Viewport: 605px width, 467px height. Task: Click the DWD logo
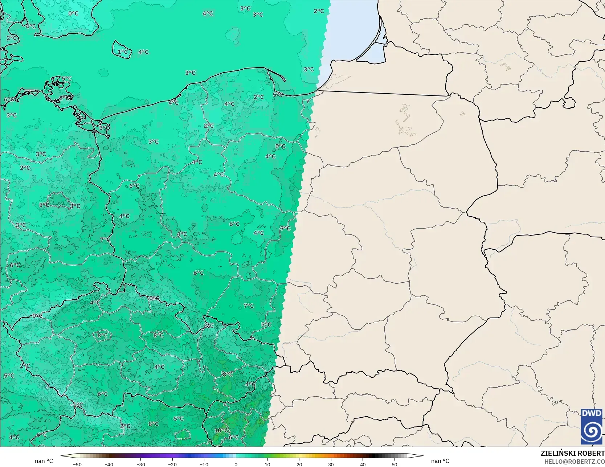[592, 426]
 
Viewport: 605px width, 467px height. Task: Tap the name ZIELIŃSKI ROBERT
[572, 453]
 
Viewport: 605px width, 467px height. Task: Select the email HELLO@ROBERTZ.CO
[574, 461]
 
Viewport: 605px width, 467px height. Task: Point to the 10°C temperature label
[221, 431]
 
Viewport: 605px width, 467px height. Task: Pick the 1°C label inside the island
[123, 52]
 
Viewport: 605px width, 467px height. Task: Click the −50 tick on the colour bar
[77, 464]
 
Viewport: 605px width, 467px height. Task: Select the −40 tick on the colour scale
[109, 464]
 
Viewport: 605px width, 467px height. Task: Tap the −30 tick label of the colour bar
[140, 464]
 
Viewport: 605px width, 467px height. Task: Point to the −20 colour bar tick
[172, 464]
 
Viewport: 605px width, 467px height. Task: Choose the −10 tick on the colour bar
[204, 464]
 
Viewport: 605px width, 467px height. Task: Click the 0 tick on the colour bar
[236, 464]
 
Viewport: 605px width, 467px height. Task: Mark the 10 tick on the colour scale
[267, 464]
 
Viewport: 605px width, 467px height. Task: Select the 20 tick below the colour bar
[299, 464]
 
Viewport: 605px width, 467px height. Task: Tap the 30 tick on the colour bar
[331, 464]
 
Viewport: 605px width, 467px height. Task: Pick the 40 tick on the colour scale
[363, 464]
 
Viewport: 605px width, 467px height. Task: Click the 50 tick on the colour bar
[395, 464]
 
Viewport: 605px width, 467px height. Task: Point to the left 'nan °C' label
[44, 461]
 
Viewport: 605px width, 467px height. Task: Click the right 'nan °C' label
[440, 461]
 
